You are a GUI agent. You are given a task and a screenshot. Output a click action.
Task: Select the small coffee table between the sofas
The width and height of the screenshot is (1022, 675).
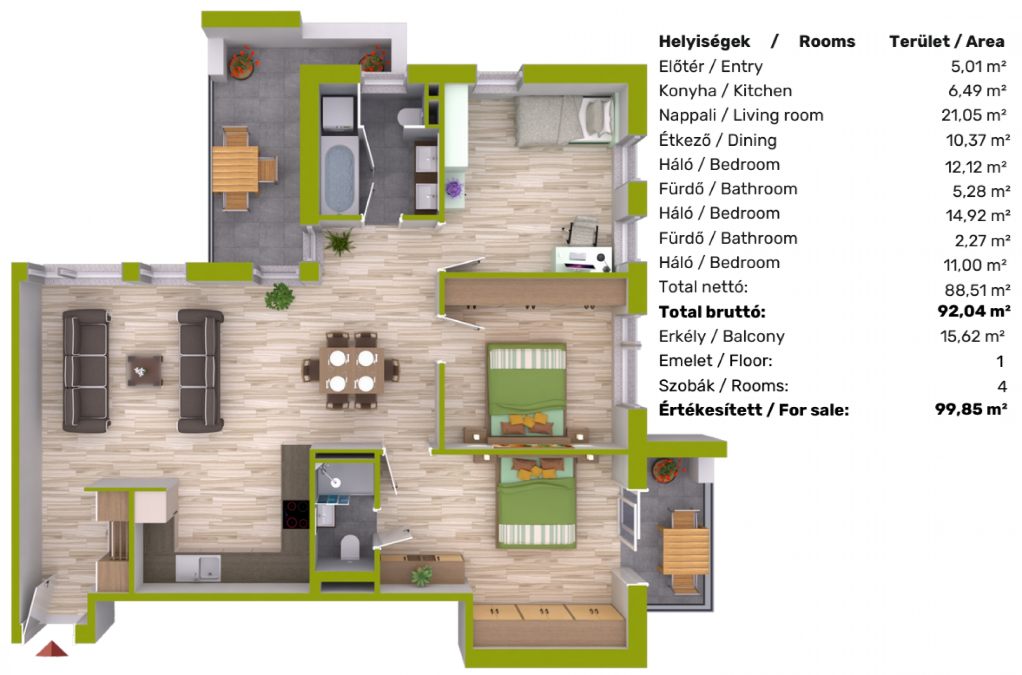click(144, 370)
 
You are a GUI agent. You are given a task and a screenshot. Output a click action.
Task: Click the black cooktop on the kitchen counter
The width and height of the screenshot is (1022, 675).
click(295, 514)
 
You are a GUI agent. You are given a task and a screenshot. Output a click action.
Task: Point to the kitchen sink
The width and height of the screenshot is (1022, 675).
click(198, 568)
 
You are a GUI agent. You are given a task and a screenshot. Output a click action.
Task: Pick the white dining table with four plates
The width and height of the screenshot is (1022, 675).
click(351, 370)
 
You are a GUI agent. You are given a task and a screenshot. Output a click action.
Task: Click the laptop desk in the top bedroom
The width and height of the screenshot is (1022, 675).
click(583, 259)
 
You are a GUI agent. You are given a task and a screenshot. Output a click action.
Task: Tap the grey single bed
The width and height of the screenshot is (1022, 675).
click(564, 121)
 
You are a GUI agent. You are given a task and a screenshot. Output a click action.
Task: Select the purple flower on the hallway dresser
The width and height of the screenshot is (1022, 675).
click(454, 188)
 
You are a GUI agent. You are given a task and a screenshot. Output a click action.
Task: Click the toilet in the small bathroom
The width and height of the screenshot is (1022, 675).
click(350, 548)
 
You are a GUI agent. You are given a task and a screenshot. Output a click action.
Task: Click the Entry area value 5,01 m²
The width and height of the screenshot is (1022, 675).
click(978, 66)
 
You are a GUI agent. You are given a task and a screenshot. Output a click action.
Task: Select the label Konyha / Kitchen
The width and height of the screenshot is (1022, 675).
click(725, 91)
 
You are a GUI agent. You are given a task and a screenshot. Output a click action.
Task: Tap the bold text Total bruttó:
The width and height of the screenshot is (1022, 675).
click(712, 312)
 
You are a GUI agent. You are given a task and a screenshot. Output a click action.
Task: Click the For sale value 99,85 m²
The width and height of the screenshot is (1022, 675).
click(971, 409)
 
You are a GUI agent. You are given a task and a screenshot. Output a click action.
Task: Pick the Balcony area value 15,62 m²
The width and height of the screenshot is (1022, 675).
click(972, 336)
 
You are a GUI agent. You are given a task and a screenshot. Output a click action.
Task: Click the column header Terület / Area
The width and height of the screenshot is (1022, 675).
click(946, 41)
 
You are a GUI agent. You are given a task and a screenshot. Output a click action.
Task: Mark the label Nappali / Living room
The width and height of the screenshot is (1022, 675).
click(741, 115)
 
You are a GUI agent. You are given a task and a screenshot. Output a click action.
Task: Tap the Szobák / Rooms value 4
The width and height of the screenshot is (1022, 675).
click(1002, 386)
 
